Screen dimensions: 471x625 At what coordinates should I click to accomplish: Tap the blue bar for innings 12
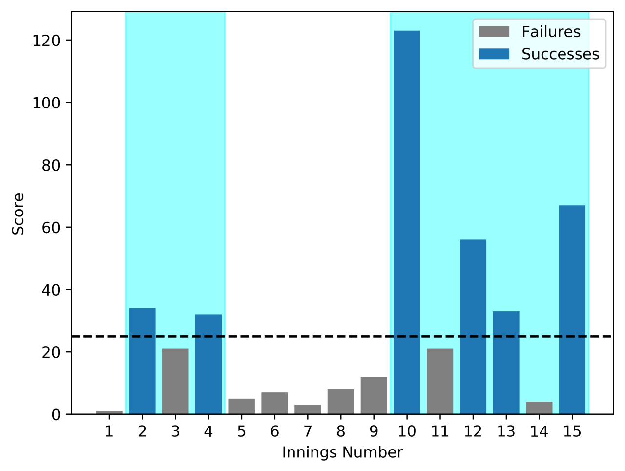(473, 327)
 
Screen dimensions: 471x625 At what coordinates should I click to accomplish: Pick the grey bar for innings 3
(175, 382)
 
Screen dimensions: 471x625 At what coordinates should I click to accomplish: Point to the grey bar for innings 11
(440, 382)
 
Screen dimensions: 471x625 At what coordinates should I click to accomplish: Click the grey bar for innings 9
(374, 396)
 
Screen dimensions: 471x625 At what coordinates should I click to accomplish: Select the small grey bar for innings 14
(539, 408)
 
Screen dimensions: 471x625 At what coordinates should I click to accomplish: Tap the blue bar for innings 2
(142, 361)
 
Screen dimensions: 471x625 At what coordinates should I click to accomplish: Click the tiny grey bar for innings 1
(109, 412)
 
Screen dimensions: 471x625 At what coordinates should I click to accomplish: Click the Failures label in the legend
(551, 32)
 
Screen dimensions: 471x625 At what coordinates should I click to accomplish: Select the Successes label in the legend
(560, 54)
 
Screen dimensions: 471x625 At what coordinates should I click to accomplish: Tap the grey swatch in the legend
(494, 32)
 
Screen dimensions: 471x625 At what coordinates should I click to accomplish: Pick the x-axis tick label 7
(308, 432)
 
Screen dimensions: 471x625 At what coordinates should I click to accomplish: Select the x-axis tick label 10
(407, 432)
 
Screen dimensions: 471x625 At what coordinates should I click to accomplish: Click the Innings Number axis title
(342, 453)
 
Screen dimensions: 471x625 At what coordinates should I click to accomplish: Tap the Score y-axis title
(19, 214)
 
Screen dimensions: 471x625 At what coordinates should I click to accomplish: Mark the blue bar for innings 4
(208, 364)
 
